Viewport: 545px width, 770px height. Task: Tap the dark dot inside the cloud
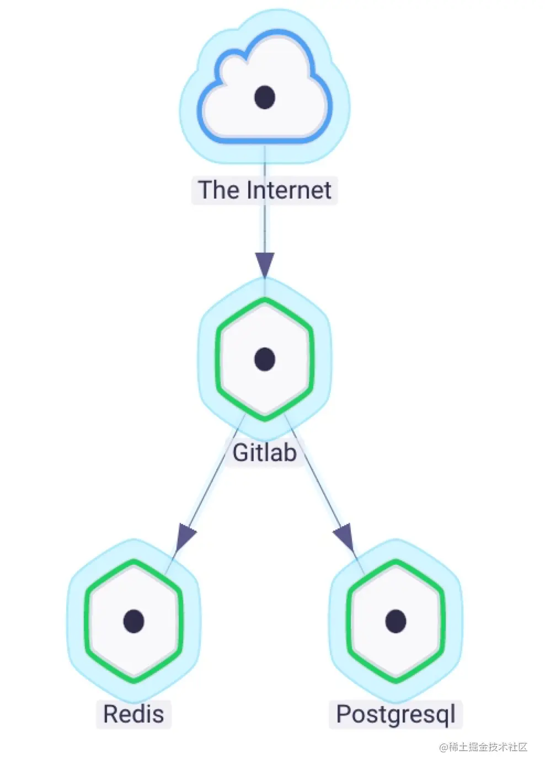pyautogui.click(x=265, y=97)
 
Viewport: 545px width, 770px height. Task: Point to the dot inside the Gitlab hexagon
pyautogui.click(x=265, y=359)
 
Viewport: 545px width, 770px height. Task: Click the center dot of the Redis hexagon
pyautogui.click(x=134, y=621)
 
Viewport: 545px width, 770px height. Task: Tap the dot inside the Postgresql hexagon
pyautogui.click(x=396, y=621)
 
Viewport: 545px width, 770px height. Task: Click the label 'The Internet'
pyautogui.click(x=265, y=190)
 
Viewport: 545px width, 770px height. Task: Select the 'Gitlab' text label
pyautogui.click(x=265, y=453)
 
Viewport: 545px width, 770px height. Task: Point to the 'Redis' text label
pyautogui.click(x=133, y=714)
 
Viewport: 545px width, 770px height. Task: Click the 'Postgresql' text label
pyautogui.click(x=396, y=714)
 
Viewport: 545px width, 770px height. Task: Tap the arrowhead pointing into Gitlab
pyautogui.click(x=265, y=264)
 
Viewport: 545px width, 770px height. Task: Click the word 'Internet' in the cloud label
pyautogui.click(x=289, y=190)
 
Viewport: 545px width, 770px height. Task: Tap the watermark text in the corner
pyautogui.click(x=483, y=747)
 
